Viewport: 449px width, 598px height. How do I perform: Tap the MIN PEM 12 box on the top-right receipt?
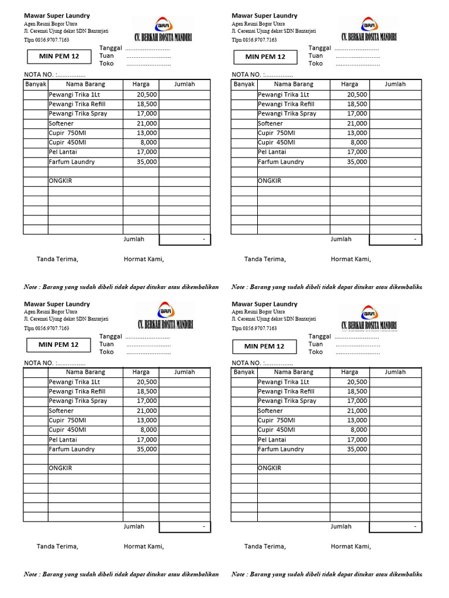click(x=265, y=57)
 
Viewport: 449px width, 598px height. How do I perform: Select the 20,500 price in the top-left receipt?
click(x=146, y=95)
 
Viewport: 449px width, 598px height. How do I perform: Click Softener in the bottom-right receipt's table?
click(x=270, y=411)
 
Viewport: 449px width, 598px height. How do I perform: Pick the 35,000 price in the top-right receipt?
click(x=357, y=162)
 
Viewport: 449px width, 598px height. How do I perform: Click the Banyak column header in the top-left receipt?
click(x=36, y=84)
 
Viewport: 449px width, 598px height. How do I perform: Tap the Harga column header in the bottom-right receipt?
click(x=350, y=372)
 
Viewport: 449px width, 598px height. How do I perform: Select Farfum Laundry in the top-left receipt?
click(x=71, y=162)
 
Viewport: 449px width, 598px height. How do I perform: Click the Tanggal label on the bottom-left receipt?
click(x=111, y=336)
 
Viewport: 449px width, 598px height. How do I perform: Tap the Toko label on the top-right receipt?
click(x=316, y=64)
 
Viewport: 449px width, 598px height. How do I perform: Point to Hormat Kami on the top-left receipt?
click(x=144, y=259)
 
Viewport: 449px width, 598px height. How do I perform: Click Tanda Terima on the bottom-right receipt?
click(x=265, y=547)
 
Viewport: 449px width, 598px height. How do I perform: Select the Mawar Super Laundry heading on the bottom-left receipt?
click(x=57, y=304)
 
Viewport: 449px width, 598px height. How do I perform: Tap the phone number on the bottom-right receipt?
click(x=254, y=328)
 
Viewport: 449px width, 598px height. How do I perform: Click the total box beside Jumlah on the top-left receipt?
click(x=185, y=239)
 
